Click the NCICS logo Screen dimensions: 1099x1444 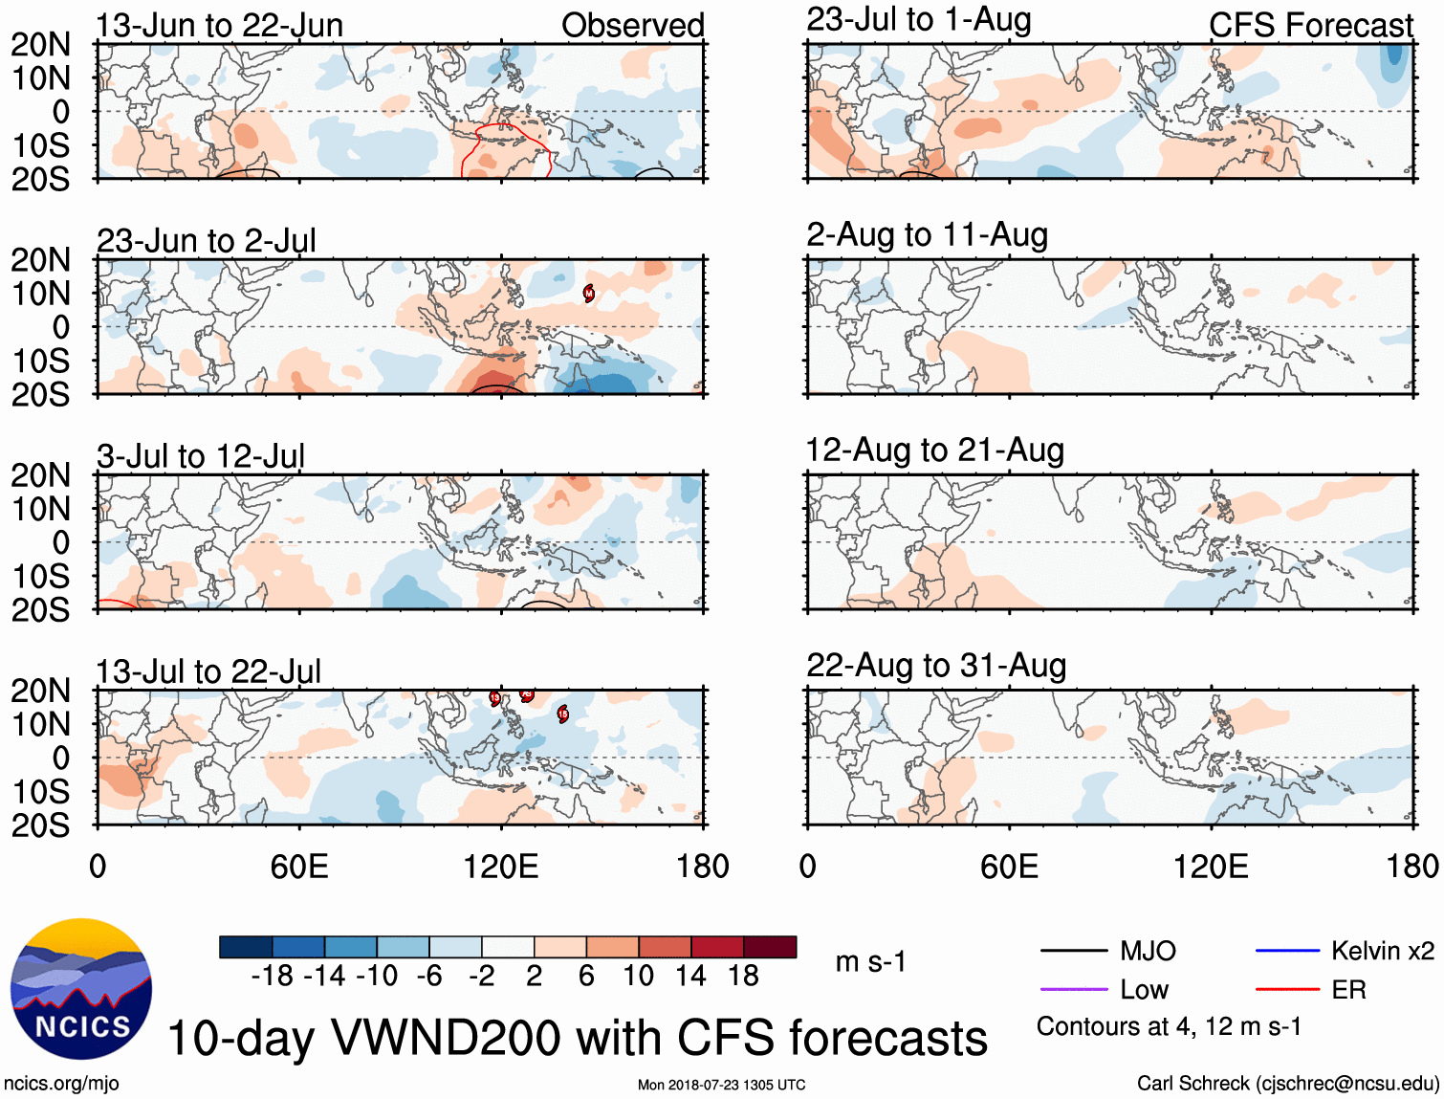(x=80, y=989)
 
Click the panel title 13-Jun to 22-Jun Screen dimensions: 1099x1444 (x=219, y=26)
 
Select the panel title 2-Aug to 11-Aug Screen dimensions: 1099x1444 (x=927, y=235)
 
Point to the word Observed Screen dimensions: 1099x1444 (x=632, y=26)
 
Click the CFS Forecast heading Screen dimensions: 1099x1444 (x=1310, y=26)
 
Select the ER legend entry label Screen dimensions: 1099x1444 (x=1348, y=990)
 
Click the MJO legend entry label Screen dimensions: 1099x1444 (x=1148, y=951)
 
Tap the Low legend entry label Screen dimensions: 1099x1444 (x=1144, y=990)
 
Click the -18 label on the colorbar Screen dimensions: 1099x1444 (x=272, y=976)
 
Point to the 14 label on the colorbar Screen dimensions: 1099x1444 (x=690, y=976)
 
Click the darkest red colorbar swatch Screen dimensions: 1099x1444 (x=770, y=947)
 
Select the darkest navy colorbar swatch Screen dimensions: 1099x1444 (x=246, y=947)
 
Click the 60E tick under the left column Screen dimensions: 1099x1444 (x=299, y=868)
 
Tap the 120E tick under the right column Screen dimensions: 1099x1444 (x=1211, y=868)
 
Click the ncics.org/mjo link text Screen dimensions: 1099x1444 (x=61, y=1084)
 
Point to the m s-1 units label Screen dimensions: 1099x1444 (x=870, y=961)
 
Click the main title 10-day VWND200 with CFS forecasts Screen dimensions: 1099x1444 (x=578, y=1038)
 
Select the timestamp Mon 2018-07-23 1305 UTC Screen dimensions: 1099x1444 (x=721, y=1085)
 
